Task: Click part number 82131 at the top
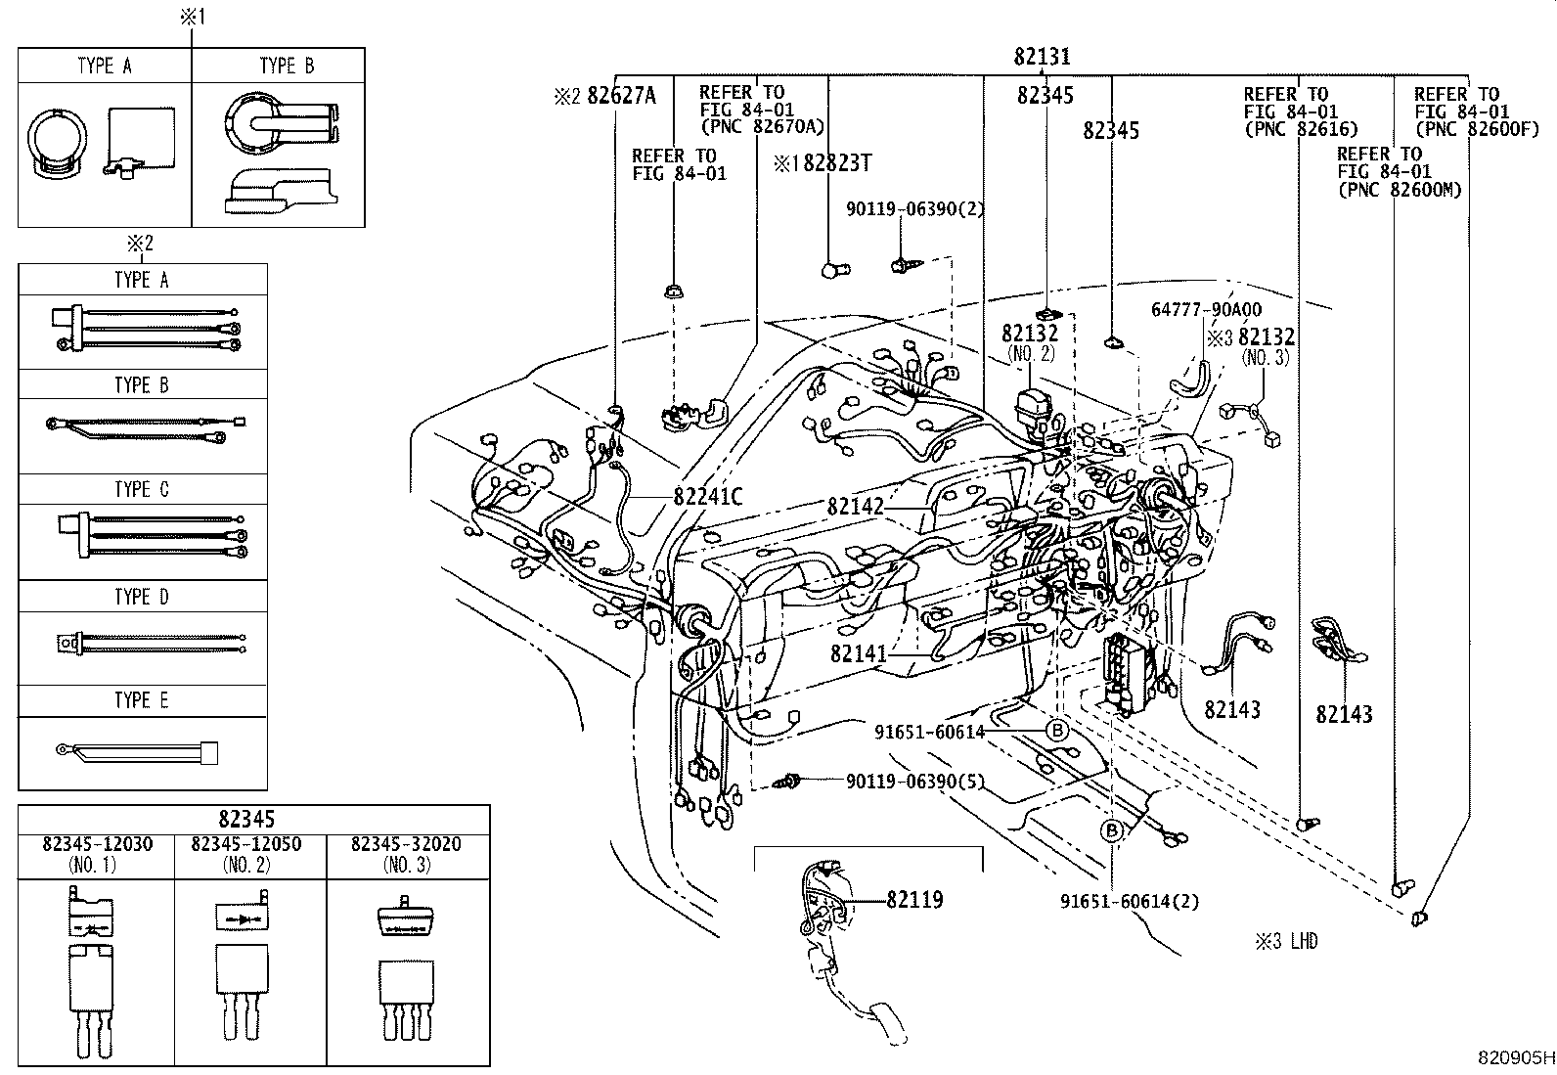(x=1042, y=57)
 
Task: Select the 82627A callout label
(x=620, y=95)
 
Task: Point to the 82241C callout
(x=708, y=497)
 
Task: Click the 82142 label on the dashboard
(x=855, y=506)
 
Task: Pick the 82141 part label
(x=859, y=652)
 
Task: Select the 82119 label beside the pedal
(x=914, y=899)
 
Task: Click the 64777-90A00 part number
(x=1206, y=310)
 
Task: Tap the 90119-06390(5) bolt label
(x=914, y=782)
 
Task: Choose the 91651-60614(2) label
(x=1129, y=901)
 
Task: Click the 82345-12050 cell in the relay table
(x=246, y=844)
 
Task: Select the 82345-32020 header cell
(x=408, y=844)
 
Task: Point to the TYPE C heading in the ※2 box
(x=142, y=489)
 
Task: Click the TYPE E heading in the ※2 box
(x=142, y=700)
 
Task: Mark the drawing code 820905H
(x=1515, y=1057)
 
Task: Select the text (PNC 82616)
(x=1301, y=129)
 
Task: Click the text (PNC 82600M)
(x=1399, y=190)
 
